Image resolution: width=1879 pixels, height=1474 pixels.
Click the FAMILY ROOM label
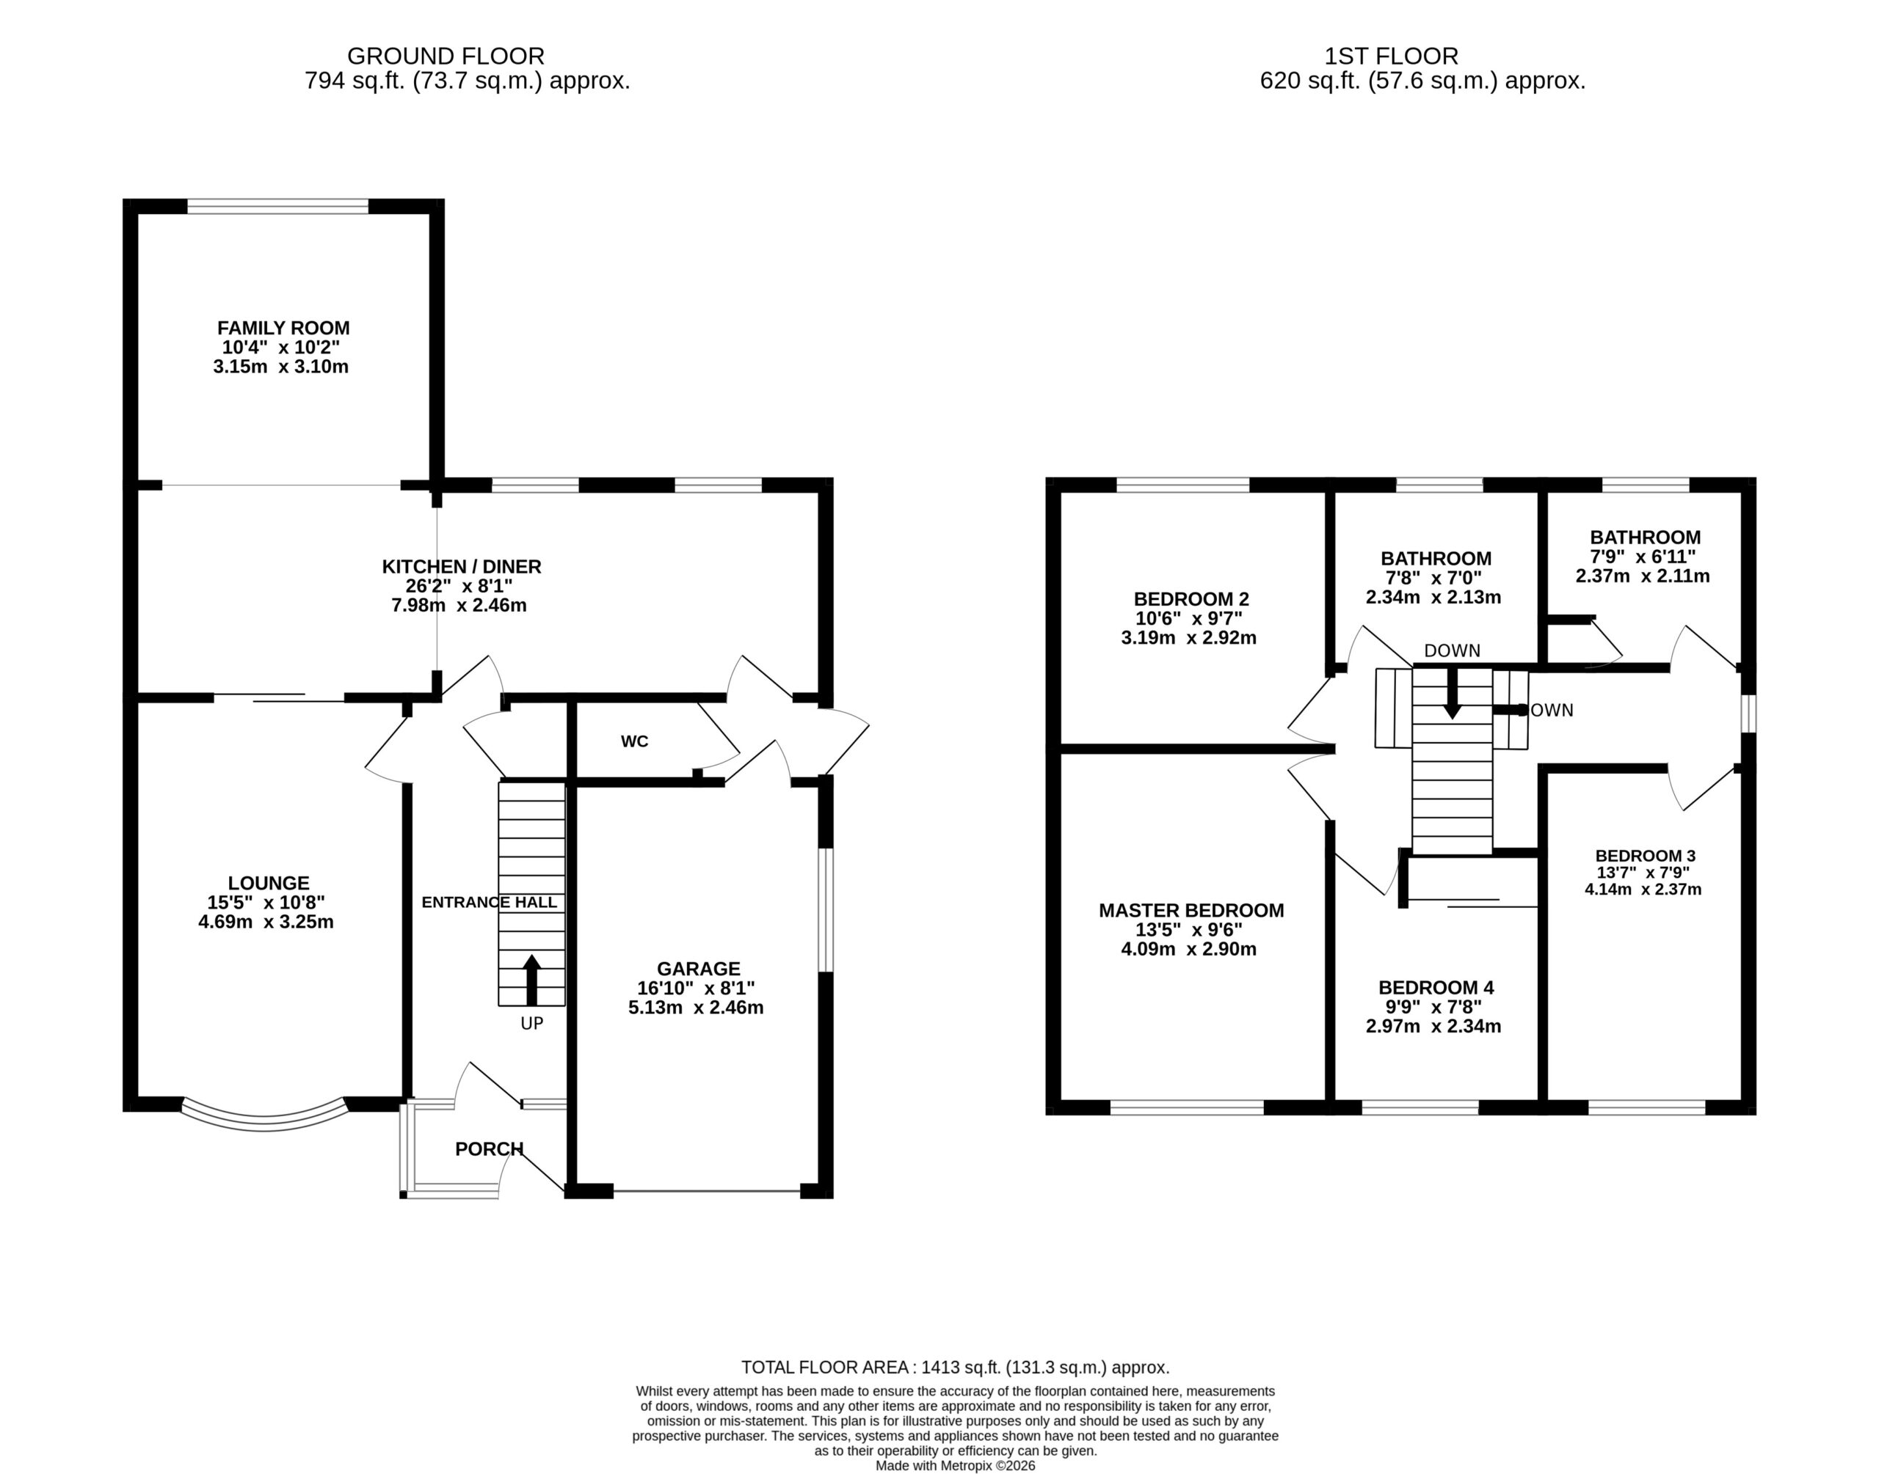(283, 328)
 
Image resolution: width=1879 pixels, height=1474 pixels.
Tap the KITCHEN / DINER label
(461, 567)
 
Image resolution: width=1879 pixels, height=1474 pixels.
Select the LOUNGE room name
(269, 883)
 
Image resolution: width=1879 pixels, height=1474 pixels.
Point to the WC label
(635, 741)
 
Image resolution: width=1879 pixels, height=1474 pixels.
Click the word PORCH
(489, 1148)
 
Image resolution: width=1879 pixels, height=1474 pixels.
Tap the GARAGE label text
(699, 969)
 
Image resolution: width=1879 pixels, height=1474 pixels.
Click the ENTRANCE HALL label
(489, 903)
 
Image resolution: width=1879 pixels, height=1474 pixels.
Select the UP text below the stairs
(532, 1024)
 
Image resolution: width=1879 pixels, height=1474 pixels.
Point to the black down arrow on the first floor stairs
(1453, 693)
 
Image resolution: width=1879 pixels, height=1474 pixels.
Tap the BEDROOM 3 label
(1645, 855)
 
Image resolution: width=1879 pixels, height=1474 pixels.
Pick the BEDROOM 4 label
(1436, 987)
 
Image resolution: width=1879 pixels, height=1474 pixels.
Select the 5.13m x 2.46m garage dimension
(696, 1007)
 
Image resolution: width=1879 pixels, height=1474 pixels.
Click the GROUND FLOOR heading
(446, 56)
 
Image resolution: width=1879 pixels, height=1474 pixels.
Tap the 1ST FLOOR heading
(1391, 56)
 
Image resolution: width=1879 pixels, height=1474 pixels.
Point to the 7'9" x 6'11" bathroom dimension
(1643, 557)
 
